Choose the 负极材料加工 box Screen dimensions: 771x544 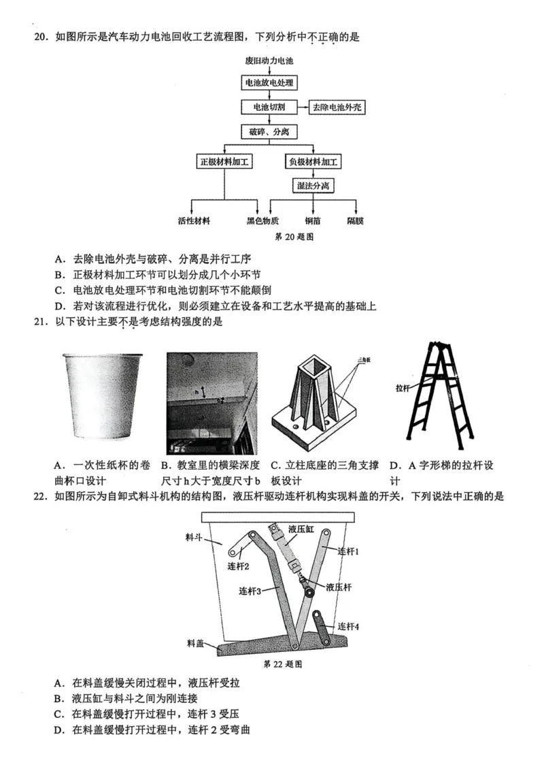[313, 162]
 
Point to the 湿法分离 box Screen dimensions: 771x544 [313, 185]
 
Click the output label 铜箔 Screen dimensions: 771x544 [313, 221]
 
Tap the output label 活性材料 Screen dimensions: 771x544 [194, 221]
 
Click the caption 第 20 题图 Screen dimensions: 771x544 [293, 237]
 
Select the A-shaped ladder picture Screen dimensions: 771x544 [439, 393]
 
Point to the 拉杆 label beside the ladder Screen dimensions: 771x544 [403, 389]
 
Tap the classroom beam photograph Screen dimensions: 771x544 [212, 404]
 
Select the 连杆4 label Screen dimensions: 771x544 [347, 625]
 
